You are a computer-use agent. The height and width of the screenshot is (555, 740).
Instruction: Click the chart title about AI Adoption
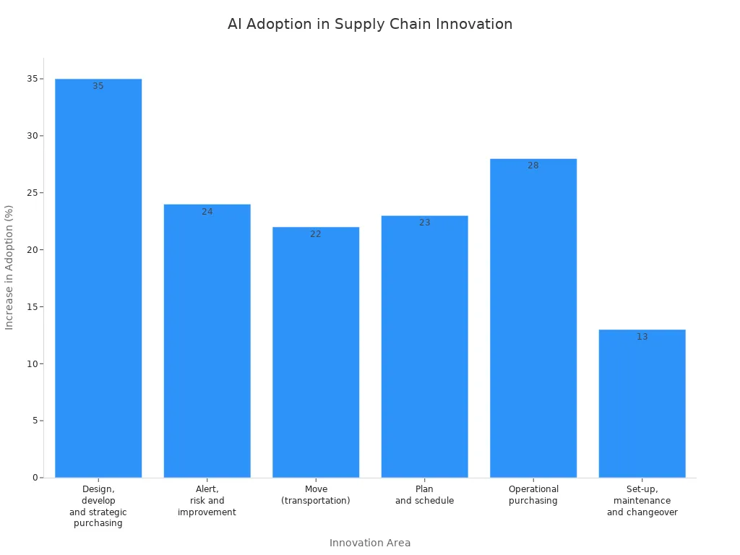click(370, 24)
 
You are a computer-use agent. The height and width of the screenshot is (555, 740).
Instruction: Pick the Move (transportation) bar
click(316, 354)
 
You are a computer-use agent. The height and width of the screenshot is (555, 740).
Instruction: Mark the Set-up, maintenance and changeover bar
click(642, 405)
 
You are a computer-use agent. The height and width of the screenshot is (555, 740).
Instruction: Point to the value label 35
click(98, 86)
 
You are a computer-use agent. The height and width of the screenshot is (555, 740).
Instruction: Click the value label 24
click(207, 212)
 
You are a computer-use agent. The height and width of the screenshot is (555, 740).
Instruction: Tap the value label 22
click(316, 234)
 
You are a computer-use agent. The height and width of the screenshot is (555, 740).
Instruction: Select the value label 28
click(533, 165)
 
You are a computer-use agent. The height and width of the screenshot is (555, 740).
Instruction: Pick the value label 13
click(642, 337)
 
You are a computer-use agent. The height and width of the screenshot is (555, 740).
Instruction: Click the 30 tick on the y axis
click(33, 136)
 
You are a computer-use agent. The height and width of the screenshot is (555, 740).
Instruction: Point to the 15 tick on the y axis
click(33, 306)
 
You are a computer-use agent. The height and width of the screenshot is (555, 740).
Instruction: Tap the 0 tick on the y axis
click(35, 478)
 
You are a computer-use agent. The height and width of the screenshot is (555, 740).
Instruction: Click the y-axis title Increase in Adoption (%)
click(9, 267)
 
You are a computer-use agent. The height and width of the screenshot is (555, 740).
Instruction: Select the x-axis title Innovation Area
click(370, 543)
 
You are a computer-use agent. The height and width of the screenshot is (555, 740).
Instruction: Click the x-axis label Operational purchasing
click(533, 495)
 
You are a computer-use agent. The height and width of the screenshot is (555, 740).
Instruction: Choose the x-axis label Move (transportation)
click(316, 495)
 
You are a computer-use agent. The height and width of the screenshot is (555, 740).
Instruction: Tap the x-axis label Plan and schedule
click(425, 495)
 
